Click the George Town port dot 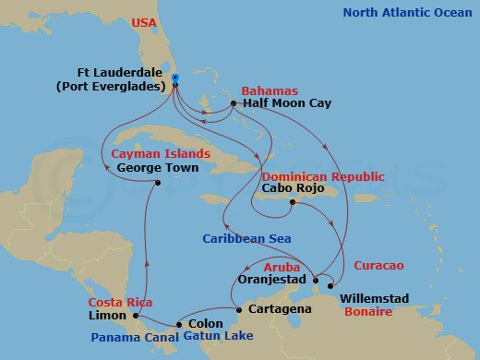(159, 182)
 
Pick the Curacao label (378, 265)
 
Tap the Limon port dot (137, 316)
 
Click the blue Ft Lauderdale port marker (174, 78)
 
